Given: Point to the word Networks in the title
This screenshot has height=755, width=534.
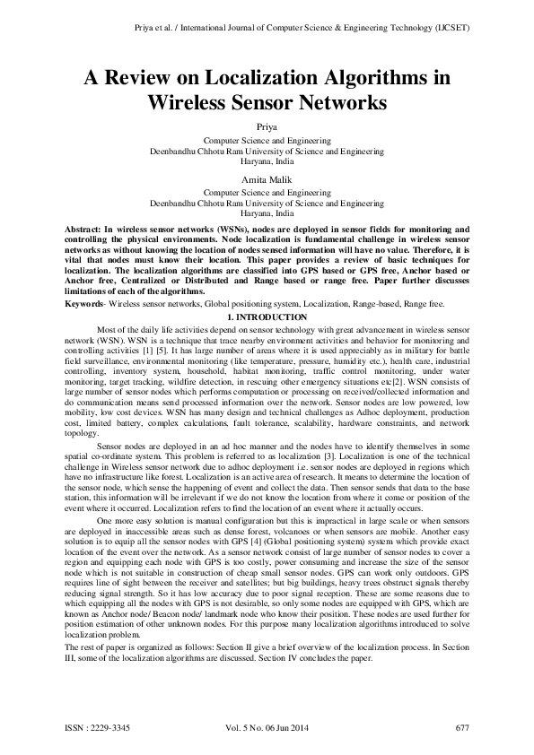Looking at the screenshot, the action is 340,102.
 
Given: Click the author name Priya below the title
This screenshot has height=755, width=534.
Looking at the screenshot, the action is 267,128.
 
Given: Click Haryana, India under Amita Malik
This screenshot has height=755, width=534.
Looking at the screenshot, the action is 267,214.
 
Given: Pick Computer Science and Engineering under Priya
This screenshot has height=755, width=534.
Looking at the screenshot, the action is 267,142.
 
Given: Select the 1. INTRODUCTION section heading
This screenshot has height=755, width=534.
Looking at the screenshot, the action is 267,317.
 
